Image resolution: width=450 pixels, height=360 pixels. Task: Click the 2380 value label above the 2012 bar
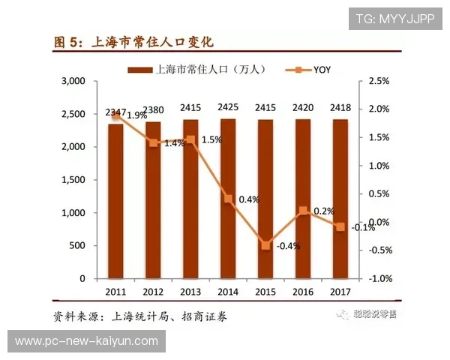coord(154,109)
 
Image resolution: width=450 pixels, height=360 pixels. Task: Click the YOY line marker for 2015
coord(265,244)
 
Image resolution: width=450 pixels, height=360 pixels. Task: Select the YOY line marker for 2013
coord(190,139)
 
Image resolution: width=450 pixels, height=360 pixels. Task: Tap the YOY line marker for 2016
coord(303,211)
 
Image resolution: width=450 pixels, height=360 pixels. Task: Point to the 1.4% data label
coord(174,143)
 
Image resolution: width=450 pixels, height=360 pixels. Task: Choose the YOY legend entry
coord(308,70)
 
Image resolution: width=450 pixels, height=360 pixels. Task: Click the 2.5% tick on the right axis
coord(379,81)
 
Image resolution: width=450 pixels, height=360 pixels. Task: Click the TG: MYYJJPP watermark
coord(394,19)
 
